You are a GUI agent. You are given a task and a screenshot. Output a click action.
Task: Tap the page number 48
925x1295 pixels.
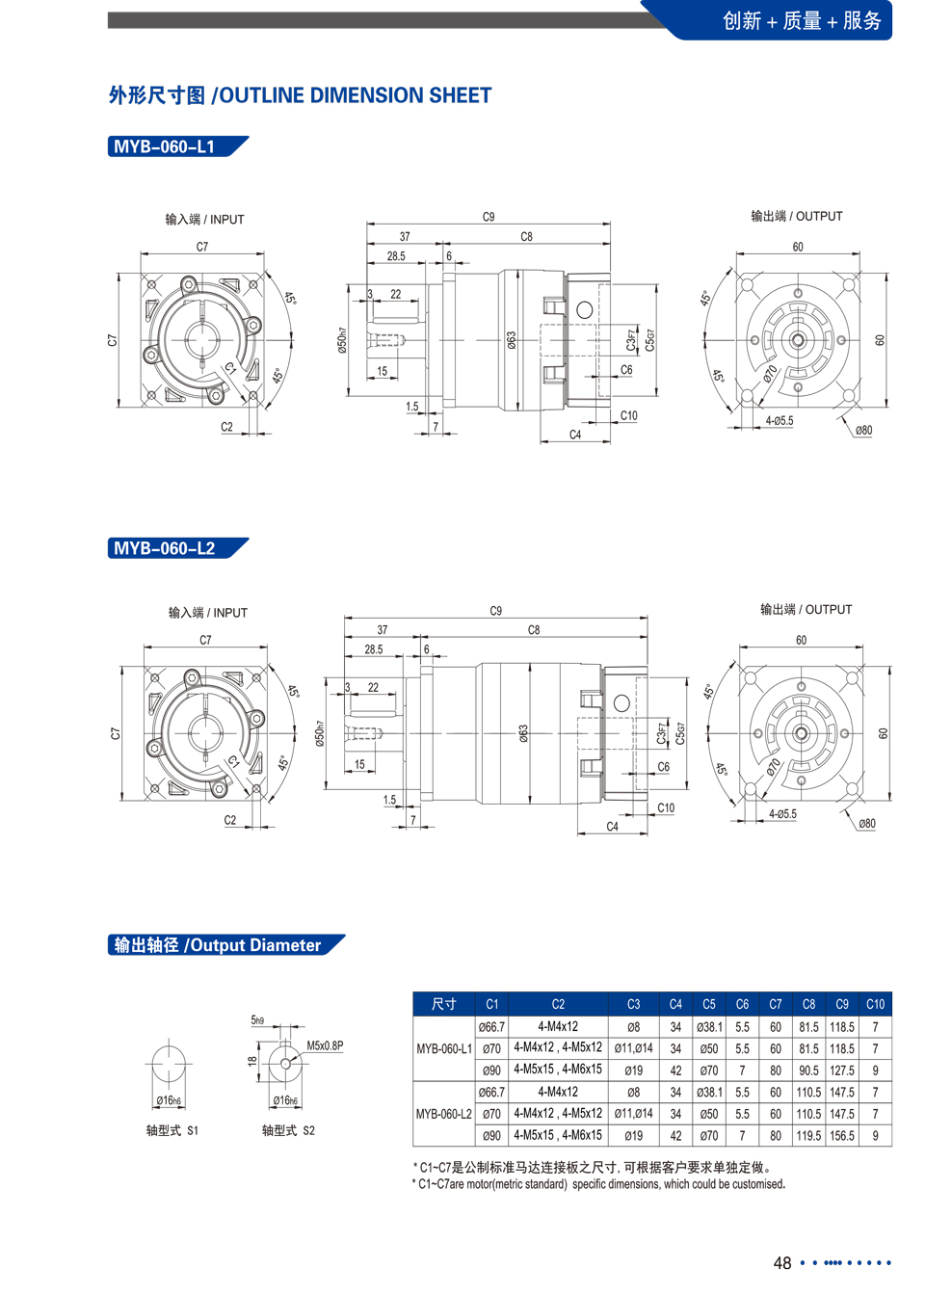[x=782, y=1262]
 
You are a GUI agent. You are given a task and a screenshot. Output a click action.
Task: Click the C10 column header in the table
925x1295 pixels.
[x=875, y=1004]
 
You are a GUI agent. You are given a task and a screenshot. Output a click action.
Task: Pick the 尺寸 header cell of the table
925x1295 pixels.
[x=444, y=1004]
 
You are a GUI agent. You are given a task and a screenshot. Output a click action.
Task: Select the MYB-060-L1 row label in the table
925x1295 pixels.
[x=444, y=1048]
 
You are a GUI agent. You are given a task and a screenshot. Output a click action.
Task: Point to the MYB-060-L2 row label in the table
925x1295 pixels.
[x=444, y=1114]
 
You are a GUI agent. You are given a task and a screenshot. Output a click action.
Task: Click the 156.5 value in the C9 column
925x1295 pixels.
[x=842, y=1135]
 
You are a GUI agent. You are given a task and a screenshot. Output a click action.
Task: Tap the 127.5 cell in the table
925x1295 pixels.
[x=842, y=1070]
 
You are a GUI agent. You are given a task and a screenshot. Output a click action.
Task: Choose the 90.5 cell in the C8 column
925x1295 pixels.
[x=808, y=1070]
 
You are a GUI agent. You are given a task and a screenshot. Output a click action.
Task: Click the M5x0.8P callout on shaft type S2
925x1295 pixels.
[x=325, y=1045]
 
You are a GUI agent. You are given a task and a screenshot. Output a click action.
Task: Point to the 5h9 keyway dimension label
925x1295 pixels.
[x=257, y=1019]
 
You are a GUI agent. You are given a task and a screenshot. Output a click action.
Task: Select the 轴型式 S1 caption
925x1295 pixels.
[x=172, y=1130]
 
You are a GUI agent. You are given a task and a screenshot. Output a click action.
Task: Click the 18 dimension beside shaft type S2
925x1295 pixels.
[x=252, y=1061]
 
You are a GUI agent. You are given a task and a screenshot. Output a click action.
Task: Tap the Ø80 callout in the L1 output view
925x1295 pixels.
[x=863, y=430]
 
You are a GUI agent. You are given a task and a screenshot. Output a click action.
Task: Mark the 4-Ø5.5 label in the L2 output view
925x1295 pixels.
[x=782, y=814]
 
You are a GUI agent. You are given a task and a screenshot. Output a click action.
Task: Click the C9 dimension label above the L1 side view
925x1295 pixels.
[x=489, y=217]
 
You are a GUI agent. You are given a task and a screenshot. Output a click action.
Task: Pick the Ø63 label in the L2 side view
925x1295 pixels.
[x=523, y=733]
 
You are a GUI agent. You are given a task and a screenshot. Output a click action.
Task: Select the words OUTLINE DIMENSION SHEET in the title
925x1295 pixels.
[x=356, y=95]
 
